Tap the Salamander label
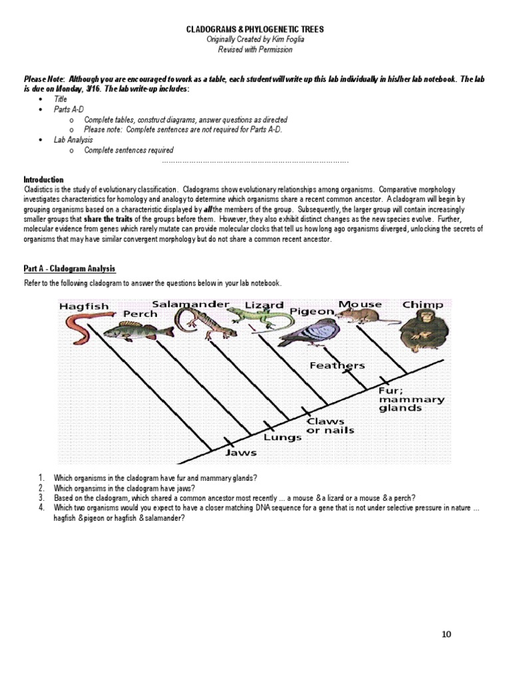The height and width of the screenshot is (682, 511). point(190,304)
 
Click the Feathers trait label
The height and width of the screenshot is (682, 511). point(337,365)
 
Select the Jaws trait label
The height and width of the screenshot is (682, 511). point(241,452)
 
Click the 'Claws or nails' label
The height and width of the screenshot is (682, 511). point(329,426)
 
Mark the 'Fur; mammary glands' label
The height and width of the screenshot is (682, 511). point(411,399)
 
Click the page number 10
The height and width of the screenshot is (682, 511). point(446,634)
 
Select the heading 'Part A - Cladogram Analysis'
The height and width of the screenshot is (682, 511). point(70,268)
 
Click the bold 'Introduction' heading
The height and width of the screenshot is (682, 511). point(44,180)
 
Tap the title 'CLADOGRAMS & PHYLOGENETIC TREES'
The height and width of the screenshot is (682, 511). point(255,30)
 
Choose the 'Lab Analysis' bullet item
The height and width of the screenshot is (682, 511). point(73,140)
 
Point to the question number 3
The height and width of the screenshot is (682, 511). point(41,498)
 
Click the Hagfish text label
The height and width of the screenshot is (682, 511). point(83,306)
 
